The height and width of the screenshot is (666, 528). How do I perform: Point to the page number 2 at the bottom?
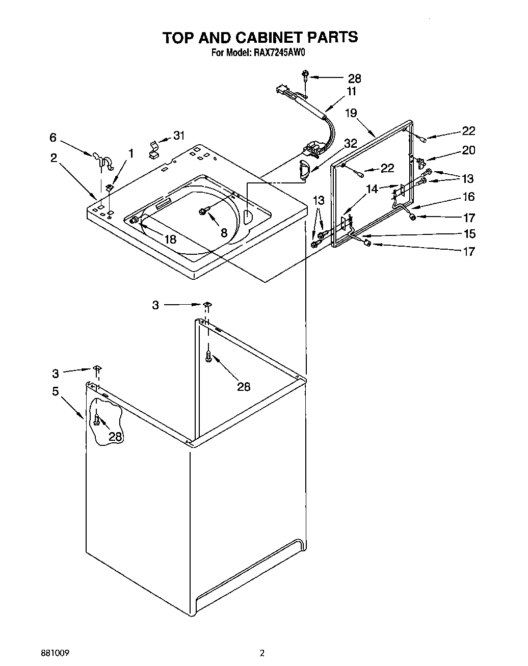[262, 652]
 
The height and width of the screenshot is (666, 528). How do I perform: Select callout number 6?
[52, 138]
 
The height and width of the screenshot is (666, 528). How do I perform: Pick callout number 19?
[351, 113]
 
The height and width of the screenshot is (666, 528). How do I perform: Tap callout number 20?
[468, 150]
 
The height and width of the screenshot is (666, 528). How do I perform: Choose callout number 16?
[468, 196]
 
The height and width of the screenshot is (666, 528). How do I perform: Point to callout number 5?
[55, 391]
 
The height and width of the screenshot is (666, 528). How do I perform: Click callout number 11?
[351, 92]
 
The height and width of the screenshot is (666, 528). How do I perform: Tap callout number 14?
[373, 189]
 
